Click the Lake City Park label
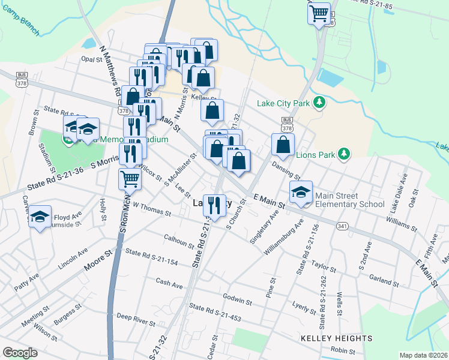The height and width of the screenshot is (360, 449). [283, 103]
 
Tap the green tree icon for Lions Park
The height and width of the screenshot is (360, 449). [343, 154]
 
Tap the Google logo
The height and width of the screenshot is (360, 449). [20, 353]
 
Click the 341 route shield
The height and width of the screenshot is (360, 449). [342, 226]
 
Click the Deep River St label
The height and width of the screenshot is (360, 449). [136, 319]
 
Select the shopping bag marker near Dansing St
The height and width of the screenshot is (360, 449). [283, 145]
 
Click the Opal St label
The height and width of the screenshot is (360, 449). [92, 60]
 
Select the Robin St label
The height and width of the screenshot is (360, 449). [343, 350]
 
